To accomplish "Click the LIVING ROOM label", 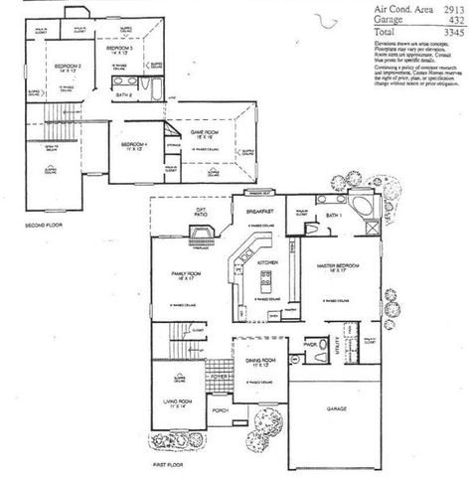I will [177, 401].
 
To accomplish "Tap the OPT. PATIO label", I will [202, 212].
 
